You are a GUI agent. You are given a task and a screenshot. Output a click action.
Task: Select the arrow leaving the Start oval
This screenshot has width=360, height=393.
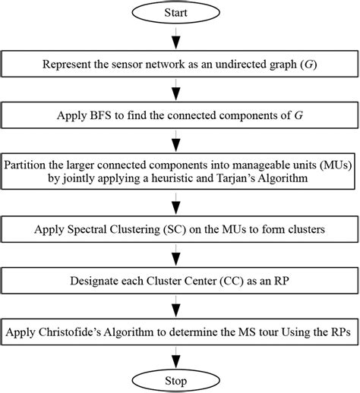coord(178,37)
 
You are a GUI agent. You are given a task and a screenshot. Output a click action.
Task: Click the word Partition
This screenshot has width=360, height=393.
coord(28,165)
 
